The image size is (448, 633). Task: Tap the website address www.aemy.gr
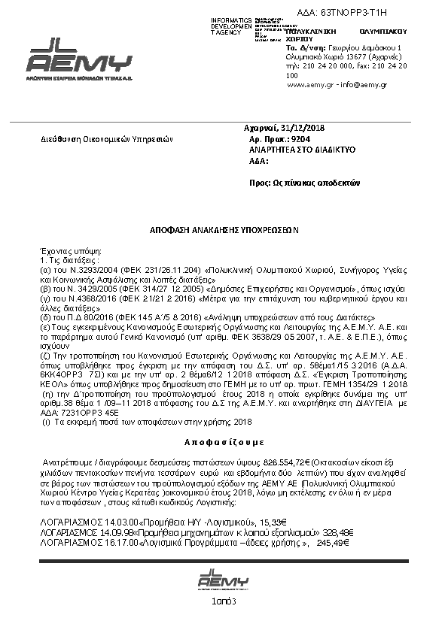pos(309,86)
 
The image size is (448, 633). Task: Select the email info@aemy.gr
pos(362,86)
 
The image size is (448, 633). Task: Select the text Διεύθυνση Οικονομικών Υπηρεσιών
pos(107,139)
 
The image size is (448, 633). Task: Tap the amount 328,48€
pos(338,531)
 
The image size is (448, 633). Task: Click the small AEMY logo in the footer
pos(223,580)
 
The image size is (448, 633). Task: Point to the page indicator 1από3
pos(224,601)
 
